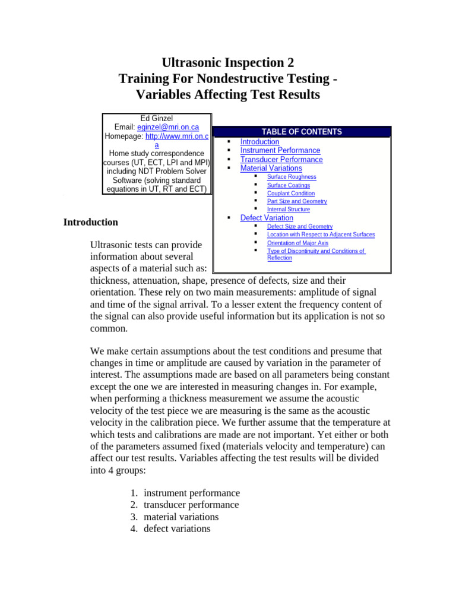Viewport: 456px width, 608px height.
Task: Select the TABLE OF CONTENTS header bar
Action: pos(302,132)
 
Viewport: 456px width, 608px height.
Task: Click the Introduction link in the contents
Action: pos(259,142)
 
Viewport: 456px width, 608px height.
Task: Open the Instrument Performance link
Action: pos(280,151)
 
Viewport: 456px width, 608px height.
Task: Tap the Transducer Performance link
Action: pos(281,160)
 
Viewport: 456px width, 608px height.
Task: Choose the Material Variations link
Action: pos(271,169)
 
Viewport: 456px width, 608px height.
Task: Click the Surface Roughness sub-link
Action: pos(292,177)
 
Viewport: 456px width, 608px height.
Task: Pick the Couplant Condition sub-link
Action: pos(291,194)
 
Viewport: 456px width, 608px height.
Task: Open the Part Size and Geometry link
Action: pos(297,201)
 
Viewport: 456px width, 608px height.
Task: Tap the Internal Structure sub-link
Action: pos(289,210)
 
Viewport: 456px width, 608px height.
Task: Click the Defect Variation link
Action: pos(267,218)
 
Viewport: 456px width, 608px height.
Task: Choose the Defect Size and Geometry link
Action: pos(300,227)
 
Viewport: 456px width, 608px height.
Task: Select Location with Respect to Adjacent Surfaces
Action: pos(321,235)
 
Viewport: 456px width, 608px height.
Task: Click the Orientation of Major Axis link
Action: pos(297,243)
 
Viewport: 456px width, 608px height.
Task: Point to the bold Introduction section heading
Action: pos(91,222)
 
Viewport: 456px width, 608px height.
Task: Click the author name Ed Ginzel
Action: pos(156,119)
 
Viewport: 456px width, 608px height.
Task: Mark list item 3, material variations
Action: pos(181,517)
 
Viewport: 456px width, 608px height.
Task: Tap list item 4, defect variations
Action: pos(176,528)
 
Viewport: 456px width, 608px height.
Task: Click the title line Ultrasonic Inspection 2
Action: pos(228,62)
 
